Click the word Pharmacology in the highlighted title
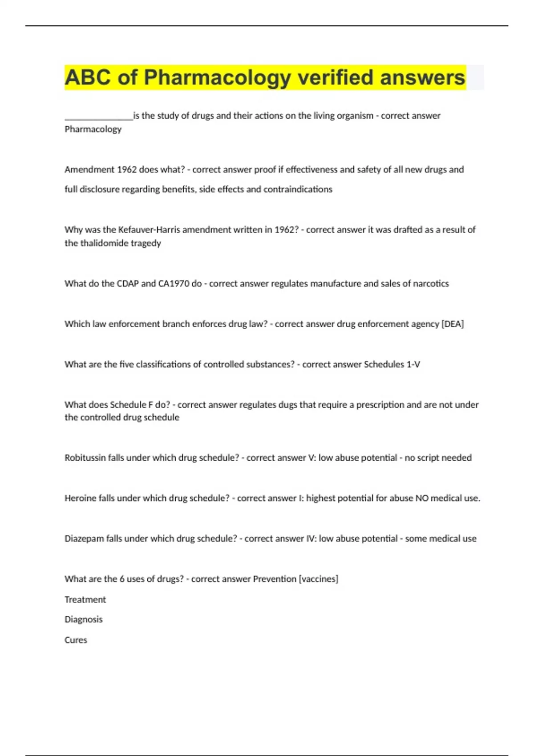tap(217, 78)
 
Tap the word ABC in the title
tap(88, 78)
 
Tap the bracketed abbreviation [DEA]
tap(453, 324)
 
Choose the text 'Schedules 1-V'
tap(392, 365)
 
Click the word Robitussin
tap(85, 458)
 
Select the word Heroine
tap(80, 499)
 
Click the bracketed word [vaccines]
tap(319, 579)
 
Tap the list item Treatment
tap(85, 600)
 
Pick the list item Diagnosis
tap(83, 619)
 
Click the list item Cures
tap(76, 640)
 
